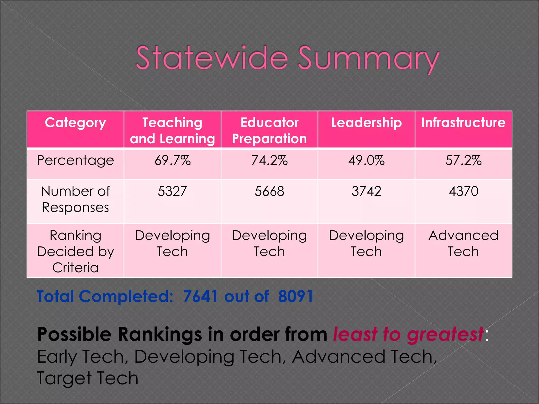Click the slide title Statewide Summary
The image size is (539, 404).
[287, 58]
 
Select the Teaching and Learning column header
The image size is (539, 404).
[172, 130]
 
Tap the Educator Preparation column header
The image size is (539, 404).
[269, 130]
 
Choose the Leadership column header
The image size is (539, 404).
[366, 123]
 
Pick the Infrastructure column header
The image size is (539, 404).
[463, 123]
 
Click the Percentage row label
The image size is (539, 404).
[76, 160]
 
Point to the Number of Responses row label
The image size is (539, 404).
[76, 199]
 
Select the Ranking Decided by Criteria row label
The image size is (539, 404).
[76, 251]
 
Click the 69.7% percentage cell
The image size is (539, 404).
[172, 160]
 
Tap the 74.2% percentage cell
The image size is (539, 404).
[269, 160]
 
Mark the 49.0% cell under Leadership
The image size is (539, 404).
[366, 160]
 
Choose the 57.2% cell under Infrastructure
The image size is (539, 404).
[463, 160]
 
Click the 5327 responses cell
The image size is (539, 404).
[172, 191]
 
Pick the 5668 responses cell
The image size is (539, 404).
[269, 191]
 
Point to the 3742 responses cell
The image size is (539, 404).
[366, 191]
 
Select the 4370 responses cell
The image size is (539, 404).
[463, 191]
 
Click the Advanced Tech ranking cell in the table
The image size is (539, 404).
[463, 243]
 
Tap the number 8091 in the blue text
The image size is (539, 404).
[296, 296]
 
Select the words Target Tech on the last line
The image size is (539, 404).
[88, 378]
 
